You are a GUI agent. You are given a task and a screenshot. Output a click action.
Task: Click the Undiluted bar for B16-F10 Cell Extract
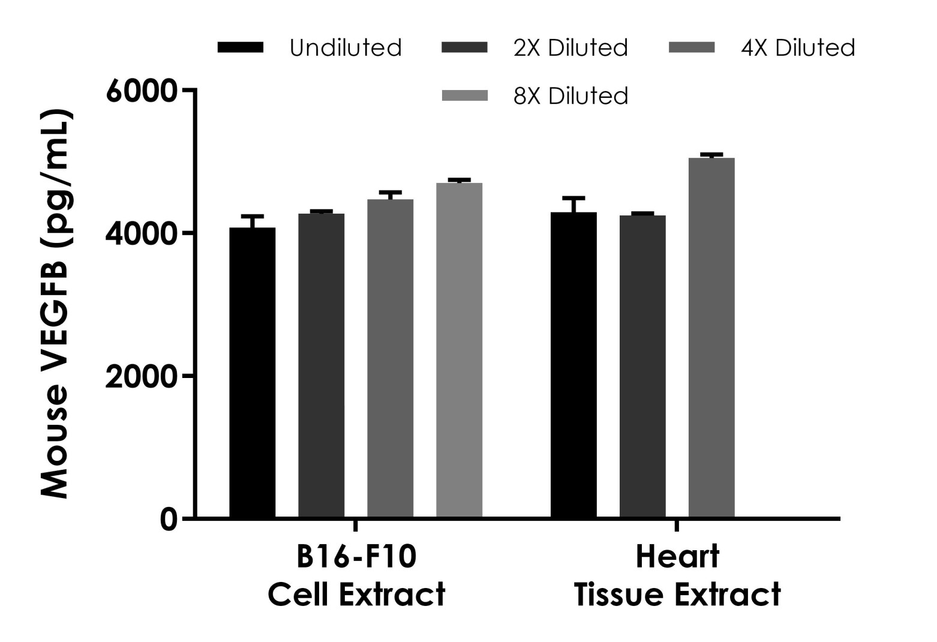point(253,372)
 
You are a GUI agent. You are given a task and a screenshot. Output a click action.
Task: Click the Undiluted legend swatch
point(241,47)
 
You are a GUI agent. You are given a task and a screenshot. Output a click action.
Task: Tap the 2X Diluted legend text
point(570,47)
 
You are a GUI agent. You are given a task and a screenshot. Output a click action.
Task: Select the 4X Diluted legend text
point(798,47)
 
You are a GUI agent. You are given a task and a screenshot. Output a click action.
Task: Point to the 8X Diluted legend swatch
point(465,95)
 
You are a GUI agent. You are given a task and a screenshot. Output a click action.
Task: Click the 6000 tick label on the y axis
point(142,91)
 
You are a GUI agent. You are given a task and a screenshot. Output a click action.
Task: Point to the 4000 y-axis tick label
point(142,233)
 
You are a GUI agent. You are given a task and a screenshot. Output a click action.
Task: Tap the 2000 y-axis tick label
point(142,376)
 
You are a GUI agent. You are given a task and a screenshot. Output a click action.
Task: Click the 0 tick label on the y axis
point(169,519)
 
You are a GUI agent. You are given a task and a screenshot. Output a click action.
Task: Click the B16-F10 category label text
point(356,557)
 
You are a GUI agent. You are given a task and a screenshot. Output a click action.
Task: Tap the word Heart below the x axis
point(677,557)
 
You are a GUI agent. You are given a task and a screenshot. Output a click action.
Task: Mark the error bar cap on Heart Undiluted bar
point(574,197)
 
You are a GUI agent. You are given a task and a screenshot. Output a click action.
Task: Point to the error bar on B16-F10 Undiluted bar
point(253,221)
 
